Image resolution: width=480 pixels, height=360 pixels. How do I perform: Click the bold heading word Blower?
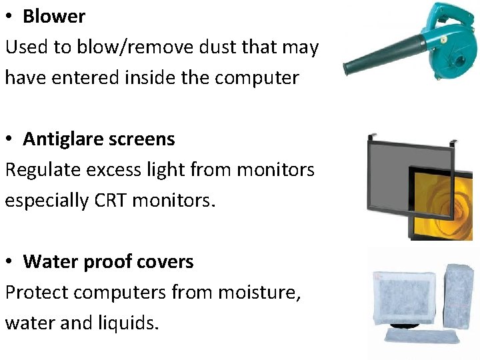[54, 17]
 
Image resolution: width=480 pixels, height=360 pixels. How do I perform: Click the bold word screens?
[143, 139]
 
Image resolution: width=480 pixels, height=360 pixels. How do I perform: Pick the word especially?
[46, 201]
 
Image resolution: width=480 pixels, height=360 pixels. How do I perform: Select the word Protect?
[37, 293]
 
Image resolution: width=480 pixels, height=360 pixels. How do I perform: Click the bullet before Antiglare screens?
[11, 139]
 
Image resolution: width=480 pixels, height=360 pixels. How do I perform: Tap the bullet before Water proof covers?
[11, 262]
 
